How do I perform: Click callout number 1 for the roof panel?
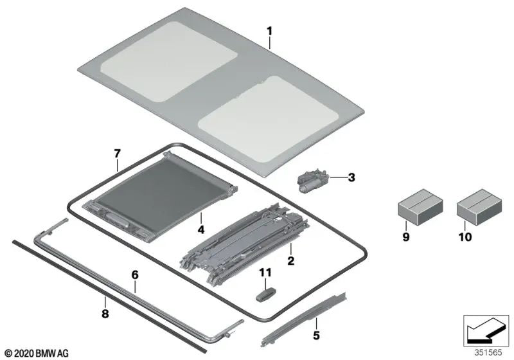coord(270,30)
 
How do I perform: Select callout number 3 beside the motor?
coord(351,177)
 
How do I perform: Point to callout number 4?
coord(200,229)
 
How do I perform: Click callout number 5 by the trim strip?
coord(315,334)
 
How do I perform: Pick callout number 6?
coord(135,274)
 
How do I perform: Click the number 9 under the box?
coord(405,238)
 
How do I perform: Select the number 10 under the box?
coord(464,237)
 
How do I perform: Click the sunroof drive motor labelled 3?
coord(313,181)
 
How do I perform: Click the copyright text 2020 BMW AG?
coord(36,353)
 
